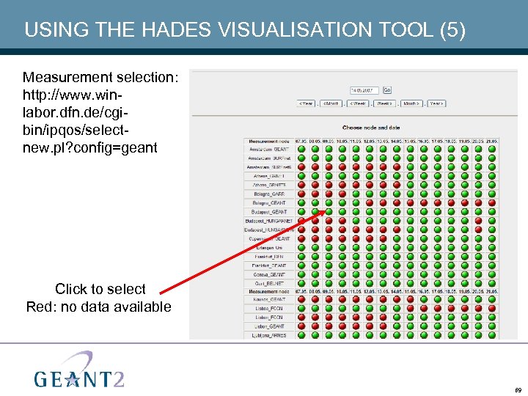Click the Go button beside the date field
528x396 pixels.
[387, 90]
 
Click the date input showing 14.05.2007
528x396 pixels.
[364, 90]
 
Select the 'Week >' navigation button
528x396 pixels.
[384, 103]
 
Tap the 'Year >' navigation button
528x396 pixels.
[436, 103]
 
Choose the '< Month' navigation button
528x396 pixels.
[331, 103]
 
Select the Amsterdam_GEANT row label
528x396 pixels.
[268, 149]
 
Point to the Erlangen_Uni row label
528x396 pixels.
[268, 248]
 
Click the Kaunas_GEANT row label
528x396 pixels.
[268, 299]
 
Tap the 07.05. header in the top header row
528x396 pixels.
[301, 141]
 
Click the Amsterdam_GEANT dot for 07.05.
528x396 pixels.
[301, 149]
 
